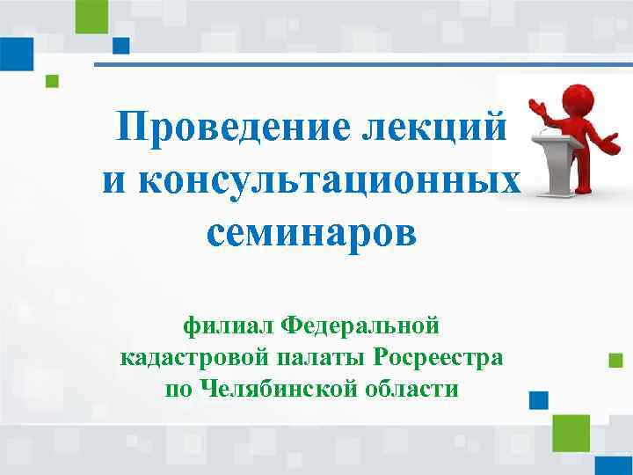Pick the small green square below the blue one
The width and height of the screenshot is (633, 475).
[52, 81]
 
